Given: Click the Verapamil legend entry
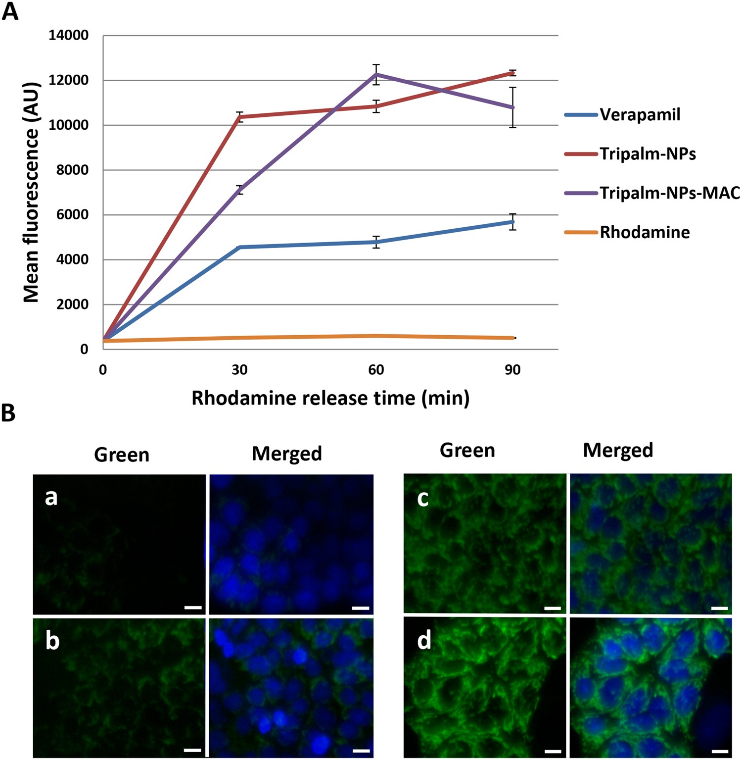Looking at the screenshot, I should [640, 115].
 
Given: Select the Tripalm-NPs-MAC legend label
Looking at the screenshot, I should [669, 193].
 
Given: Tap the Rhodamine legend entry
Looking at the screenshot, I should [644, 232].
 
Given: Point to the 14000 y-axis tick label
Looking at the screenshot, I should [69, 36].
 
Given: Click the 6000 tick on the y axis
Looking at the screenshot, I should [72, 215].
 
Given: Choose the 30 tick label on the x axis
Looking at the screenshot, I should [239, 370].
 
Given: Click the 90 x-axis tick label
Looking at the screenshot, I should [513, 370].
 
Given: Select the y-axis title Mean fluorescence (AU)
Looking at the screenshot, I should [31, 192].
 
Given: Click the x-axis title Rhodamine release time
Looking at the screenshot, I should [330, 398].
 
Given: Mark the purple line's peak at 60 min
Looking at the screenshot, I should [377, 74].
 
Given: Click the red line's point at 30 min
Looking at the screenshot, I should [240, 117].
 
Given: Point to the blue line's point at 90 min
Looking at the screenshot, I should [513, 222].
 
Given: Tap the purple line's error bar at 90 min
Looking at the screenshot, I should [513, 107].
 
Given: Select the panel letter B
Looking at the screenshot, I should [8, 412].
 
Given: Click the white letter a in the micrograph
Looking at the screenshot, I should [51, 497].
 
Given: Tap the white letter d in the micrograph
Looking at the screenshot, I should [424, 641].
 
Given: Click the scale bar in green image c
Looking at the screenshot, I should [553, 608].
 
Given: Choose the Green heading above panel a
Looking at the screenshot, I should [122, 455].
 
